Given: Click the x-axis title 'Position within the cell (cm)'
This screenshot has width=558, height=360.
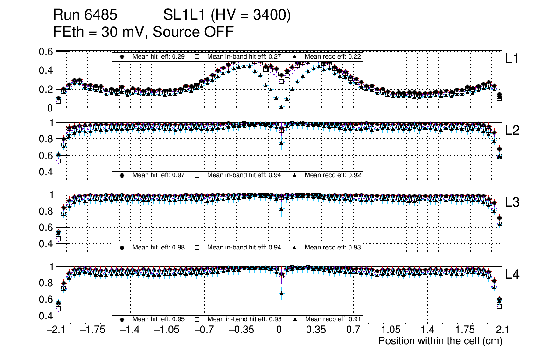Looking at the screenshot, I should click(x=440, y=341).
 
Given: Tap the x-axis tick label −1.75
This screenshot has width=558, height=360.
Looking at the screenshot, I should click(x=92, y=330).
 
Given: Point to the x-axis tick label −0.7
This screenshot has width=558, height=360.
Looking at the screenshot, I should click(x=204, y=330).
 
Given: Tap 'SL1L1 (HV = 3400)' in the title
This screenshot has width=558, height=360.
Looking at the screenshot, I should click(x=227, y=15).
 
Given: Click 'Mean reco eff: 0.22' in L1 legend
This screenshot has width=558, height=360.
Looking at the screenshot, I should click(x=333, y=56).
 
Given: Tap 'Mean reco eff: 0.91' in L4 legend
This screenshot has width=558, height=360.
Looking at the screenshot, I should click(x=333, y=319).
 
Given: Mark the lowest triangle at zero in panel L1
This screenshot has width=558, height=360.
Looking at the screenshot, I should click(x=281, y=107).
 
